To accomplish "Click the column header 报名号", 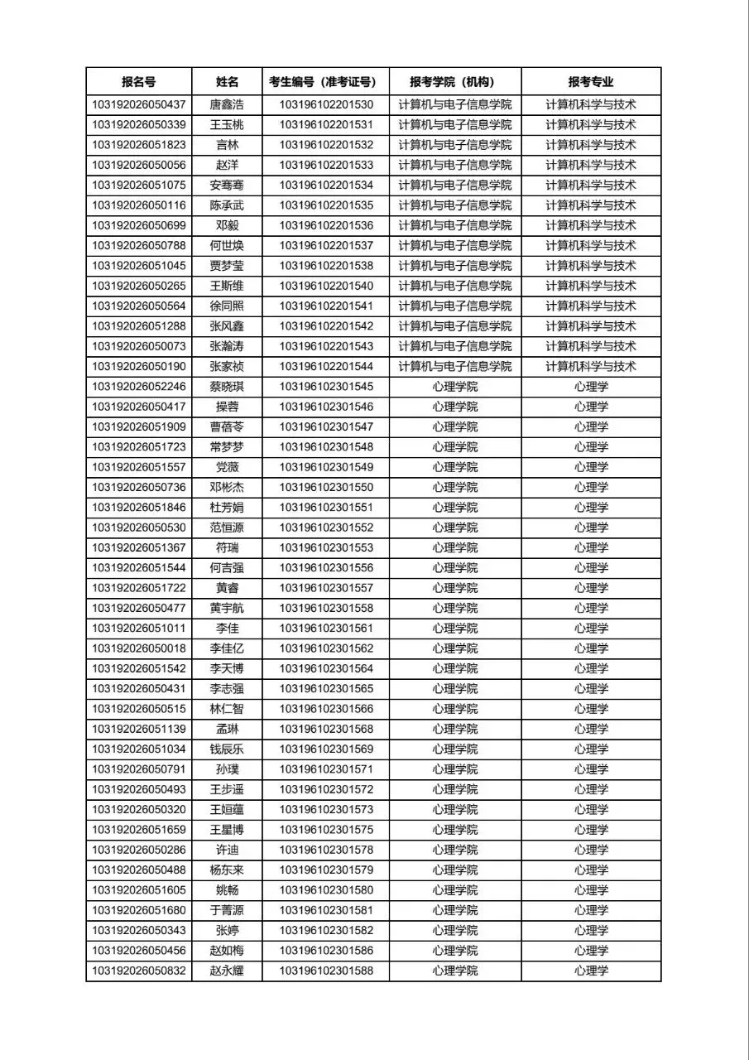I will point(138,81).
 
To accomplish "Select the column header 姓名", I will point(227,81).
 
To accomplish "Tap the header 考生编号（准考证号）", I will point(326,81).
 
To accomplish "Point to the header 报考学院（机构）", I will point(455,81).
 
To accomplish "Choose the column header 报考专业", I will point(591,81).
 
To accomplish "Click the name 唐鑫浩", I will point(227,105).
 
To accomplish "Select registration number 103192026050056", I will point(139,166).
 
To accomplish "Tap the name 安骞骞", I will point(227,185).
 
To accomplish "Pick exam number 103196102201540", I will point(326,286).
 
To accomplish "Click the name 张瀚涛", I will point(227,346).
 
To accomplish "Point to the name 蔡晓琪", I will point(227,387).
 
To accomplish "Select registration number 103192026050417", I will point(139,407).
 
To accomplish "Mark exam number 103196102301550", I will point(326,488).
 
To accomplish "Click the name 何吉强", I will point(227,568).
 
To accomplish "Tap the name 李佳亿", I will point(227,648).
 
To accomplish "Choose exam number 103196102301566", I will point(326,709).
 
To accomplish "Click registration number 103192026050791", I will point(139,769).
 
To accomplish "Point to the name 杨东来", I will point(227,870).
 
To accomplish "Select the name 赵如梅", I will point(227,951).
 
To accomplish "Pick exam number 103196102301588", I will point(326,971).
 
